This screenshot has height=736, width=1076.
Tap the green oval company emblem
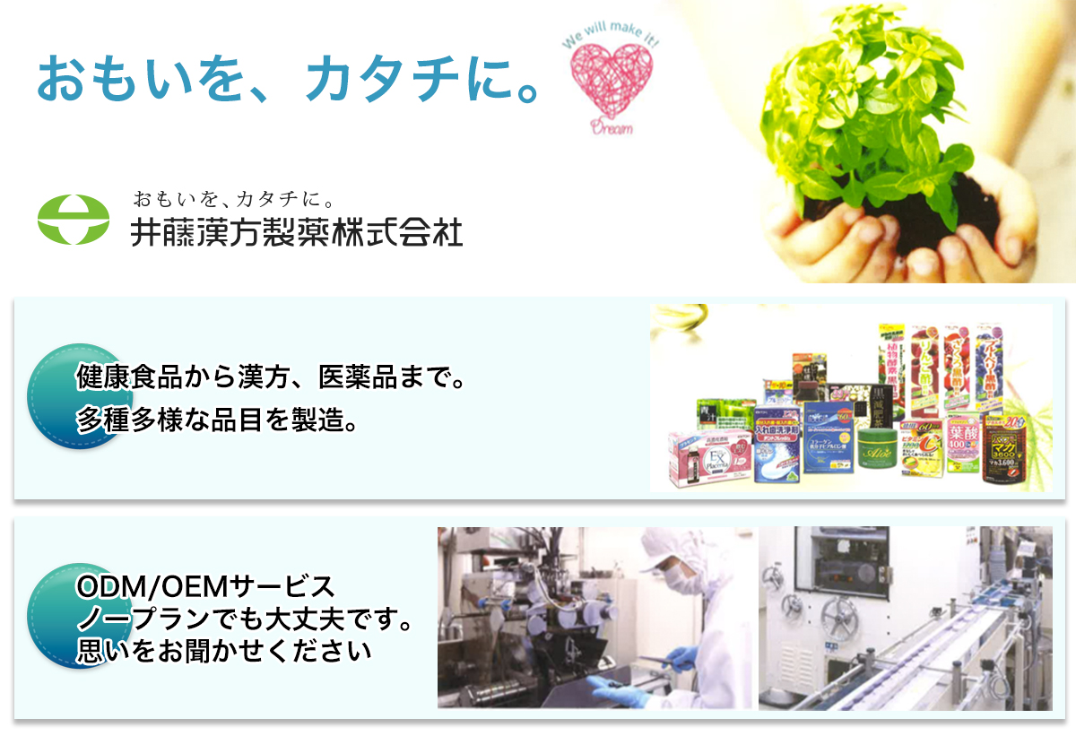(73, 220)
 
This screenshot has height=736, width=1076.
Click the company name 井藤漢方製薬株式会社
(297, 233)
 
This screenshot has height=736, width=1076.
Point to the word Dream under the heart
(611, 128)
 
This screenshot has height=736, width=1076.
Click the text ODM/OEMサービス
(206, 587)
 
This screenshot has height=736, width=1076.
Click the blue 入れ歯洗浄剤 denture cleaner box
(777, 448)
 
